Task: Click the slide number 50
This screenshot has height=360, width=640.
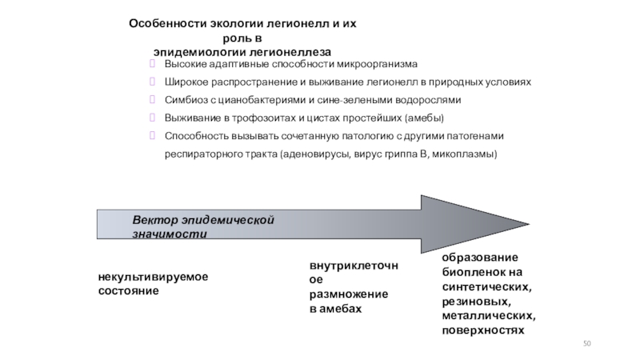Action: (587, 342)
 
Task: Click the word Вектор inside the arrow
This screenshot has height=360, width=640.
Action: (152, 219)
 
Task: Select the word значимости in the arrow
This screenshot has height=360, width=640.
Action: (170, 234)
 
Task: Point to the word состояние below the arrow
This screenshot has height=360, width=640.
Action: (129, 290)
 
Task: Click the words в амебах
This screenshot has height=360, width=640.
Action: (335, 308)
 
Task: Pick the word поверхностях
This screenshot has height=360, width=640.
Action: (482, 329)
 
